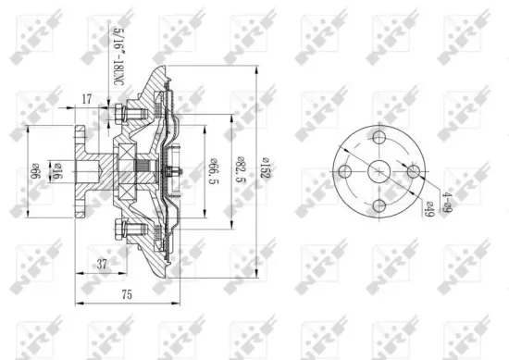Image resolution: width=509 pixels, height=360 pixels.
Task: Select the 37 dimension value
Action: [x=103, y=265]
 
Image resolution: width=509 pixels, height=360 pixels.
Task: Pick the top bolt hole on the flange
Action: [x=379, y=136]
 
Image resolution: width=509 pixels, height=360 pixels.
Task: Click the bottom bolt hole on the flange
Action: [x=379, y=206]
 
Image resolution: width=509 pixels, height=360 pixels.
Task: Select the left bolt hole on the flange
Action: [x=345, y=171]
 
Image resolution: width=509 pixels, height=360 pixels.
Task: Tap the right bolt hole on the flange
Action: [x=415, y=171]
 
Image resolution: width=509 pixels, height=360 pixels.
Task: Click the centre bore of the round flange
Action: [x=379, y=171]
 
